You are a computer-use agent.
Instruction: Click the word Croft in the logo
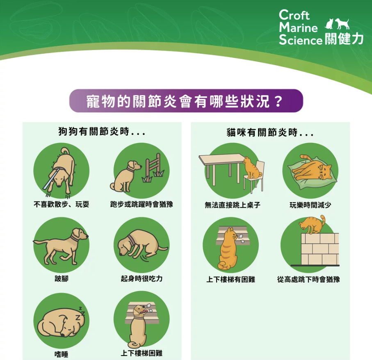click(x=294, y=15)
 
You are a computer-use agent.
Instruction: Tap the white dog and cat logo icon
click(x=337, y=24)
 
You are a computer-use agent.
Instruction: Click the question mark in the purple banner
click(x=278, y=101)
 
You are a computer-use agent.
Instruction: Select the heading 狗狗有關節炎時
click(x=102, y=131)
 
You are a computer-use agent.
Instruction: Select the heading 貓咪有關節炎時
click(x=270, y=132)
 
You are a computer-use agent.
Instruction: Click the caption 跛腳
click(x=62, y=278)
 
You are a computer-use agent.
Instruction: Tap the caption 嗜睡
click(x=62, y=354)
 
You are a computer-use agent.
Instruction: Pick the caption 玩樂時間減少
click(x=310, y=205)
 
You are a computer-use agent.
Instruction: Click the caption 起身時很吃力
click(x=141, y=278)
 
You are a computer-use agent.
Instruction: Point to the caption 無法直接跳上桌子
click(x=233, y=205)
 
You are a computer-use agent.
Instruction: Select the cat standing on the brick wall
click(x=312, y=225)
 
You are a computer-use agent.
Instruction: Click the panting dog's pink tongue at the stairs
click(x=144, y=311)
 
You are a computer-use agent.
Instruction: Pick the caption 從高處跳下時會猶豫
click(x=308, y=279)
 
